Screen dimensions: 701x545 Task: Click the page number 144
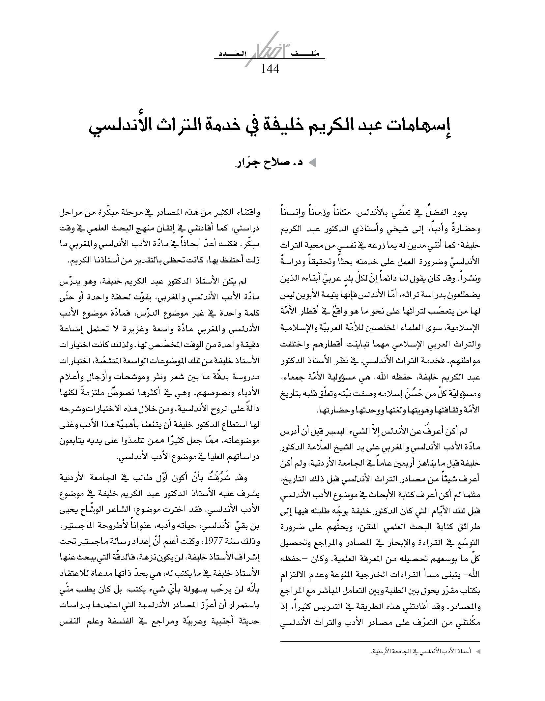click(x=270, y=69)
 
